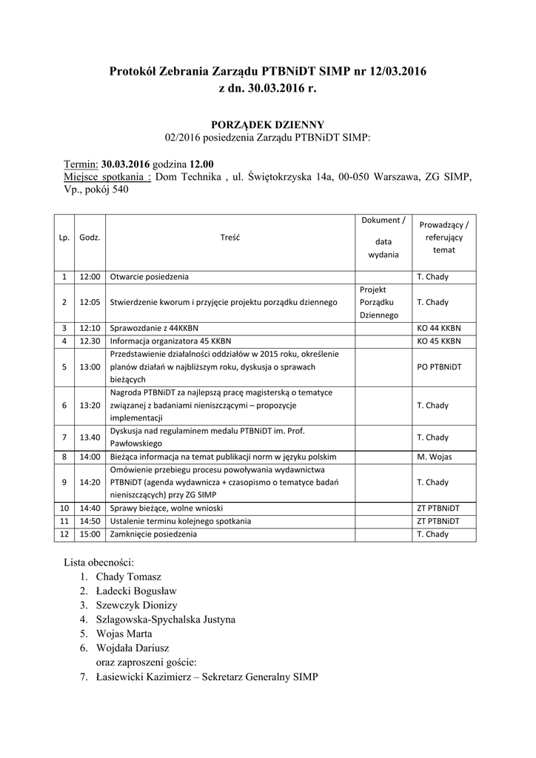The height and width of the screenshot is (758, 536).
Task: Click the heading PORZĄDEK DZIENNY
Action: (x=268, y=124)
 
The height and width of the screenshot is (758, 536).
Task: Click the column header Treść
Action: (x=230, y=238)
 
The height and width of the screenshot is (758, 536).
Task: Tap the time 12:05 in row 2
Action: (x=90, y=302)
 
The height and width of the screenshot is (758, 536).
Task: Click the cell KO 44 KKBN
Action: (x=439, y=327)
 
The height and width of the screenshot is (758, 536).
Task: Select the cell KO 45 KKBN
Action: (x=439, y=341)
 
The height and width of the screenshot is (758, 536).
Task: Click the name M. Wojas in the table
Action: (x=434, y=457)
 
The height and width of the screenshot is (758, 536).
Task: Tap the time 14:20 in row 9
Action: (x=90, y=483)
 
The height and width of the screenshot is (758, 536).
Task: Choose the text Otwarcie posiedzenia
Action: (x=149, y=277)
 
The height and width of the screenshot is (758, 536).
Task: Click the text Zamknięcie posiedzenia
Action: (x=154, y=534)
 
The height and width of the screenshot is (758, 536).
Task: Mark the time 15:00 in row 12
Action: (x=90, y=534)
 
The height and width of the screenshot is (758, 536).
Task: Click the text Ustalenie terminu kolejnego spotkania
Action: (x=181, y=521)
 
